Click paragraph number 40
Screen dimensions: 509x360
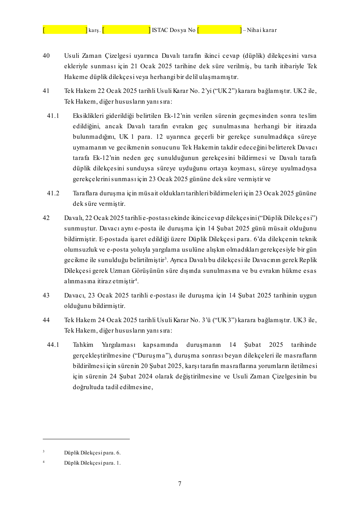click(46, 56)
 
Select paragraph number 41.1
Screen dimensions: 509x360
click(53, 116)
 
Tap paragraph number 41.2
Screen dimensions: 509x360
click(53, 193)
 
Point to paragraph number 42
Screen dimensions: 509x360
click(46, 218)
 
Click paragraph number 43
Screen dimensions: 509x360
click(46, 295)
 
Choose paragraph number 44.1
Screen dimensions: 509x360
click(53, 345)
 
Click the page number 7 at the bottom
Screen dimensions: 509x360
click(180, 484)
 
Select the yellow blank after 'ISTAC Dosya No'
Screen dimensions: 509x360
click(219, 30)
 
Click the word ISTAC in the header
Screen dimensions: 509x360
click(160, 30)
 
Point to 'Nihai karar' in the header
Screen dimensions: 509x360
click(262, 30)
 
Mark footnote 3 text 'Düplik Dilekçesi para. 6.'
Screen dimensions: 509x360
click(92, 453)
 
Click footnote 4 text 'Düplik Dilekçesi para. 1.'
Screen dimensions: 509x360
click(92, 463)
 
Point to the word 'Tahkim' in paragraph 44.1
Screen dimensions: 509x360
click(83, 345)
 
